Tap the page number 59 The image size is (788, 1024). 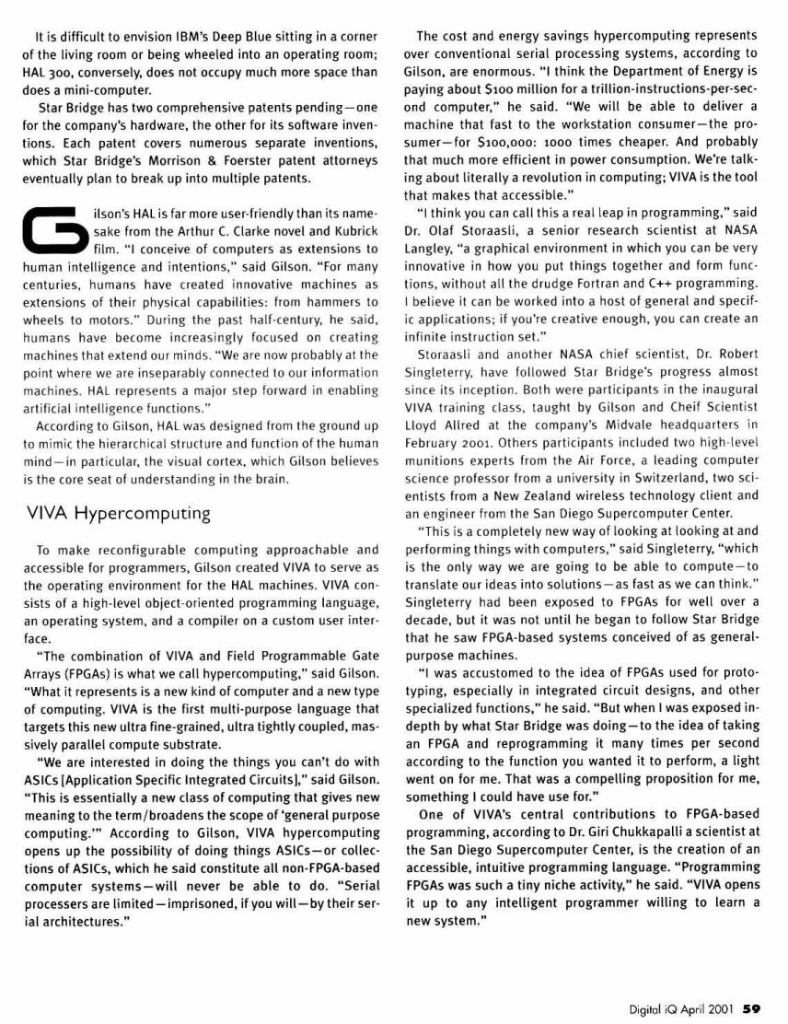pyautogui.click(x=752, y=1007)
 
